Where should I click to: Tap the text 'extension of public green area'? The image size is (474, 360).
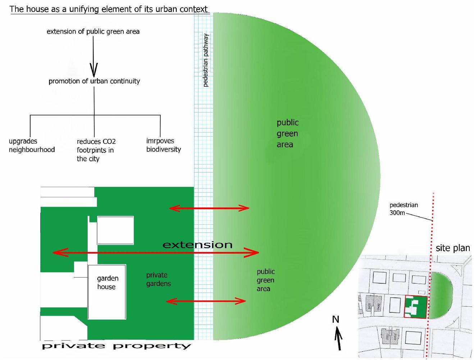(x=93, y=32)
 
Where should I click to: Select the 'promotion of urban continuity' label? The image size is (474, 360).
(x=94, y=81)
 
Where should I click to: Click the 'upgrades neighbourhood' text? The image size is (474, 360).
(x=32, y=145)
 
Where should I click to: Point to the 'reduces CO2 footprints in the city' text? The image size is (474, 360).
(x=96, y=150)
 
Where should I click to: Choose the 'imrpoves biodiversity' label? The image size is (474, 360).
(x=164, y=145)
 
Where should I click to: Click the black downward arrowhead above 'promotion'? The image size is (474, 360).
(x=94, y=70)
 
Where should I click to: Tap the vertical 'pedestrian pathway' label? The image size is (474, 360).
(x=206, y=60)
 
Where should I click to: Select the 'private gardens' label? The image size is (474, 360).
(x=159, y=279)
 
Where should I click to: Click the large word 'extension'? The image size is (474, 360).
(x=197, y=245)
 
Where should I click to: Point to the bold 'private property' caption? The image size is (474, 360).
(x=117, y=346)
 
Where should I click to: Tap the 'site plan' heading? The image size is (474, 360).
(x=453, y=248)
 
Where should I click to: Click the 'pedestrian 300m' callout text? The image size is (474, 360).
(x=404, y=209)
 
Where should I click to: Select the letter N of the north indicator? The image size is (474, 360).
(x=336, y=319)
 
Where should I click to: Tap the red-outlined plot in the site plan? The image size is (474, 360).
(x=416, y=307)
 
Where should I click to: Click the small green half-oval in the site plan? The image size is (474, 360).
(x=440, y=296)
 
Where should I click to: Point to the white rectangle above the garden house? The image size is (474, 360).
(x=115, y=230)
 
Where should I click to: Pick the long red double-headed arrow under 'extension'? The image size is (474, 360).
(x=156, y=252)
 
